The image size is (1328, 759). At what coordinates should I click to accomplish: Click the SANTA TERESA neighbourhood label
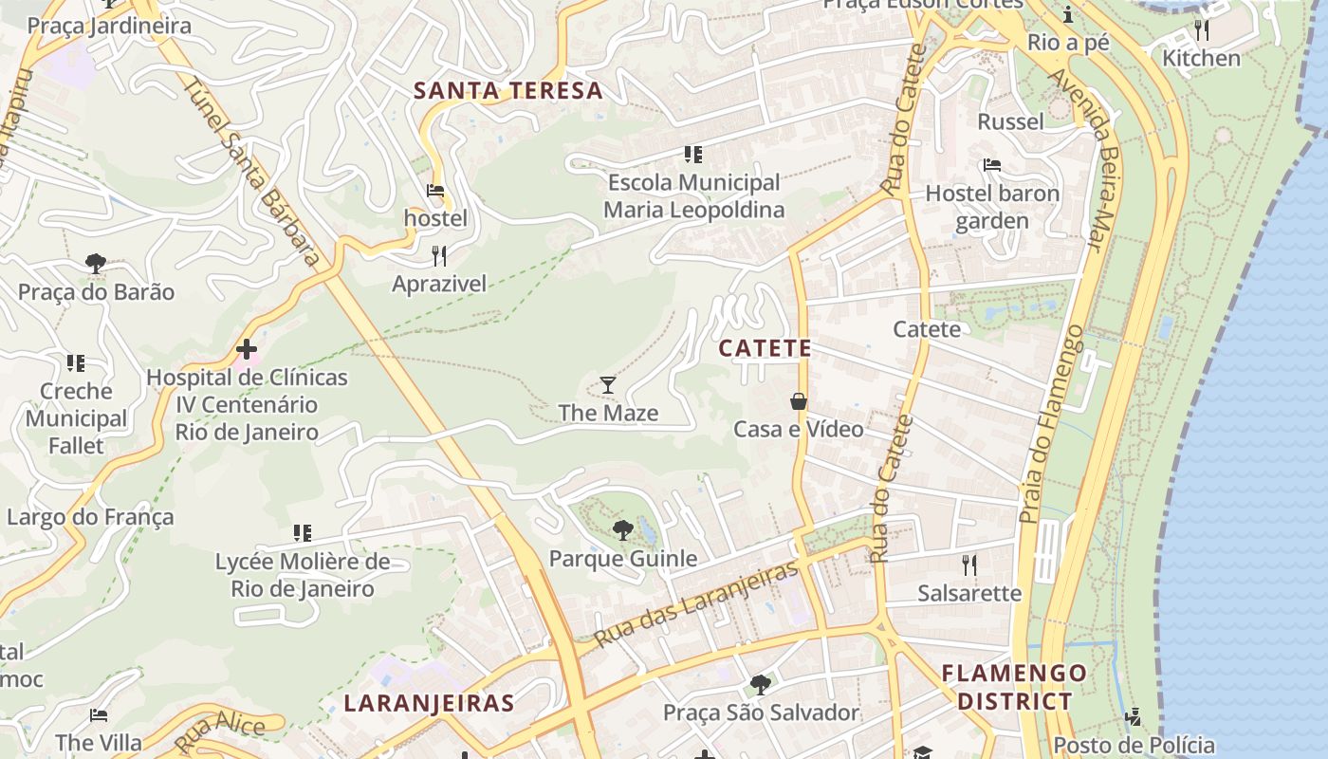point(508,91)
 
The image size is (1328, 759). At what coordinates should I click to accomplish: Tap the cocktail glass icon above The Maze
point(608,385)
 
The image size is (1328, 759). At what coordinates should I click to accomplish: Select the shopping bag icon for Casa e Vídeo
point(799,401)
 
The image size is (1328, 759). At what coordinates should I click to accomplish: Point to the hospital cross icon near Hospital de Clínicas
point(247,350)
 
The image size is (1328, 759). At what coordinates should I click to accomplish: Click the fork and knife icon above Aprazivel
point(438,256)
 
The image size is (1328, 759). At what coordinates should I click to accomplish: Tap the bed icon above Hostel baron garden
point(992,165)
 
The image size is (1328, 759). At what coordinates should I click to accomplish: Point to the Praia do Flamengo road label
point(1049,424)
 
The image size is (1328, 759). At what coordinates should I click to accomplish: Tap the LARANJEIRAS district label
point(429,704)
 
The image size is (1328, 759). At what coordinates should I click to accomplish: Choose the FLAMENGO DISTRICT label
point(1014,688)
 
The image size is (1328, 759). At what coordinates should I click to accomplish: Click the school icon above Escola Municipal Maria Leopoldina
point(693,154)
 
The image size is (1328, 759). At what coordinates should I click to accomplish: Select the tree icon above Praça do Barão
point(95,263)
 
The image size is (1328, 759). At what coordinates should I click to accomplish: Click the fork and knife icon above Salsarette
point(968,565)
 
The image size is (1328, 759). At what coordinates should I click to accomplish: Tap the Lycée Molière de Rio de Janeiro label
point(302,575)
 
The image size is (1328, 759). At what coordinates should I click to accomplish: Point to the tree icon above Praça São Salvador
point(760,684)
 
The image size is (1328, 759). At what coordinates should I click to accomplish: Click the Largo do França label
point(90,517)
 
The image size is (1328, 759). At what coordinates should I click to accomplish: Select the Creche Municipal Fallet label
point(76,417)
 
